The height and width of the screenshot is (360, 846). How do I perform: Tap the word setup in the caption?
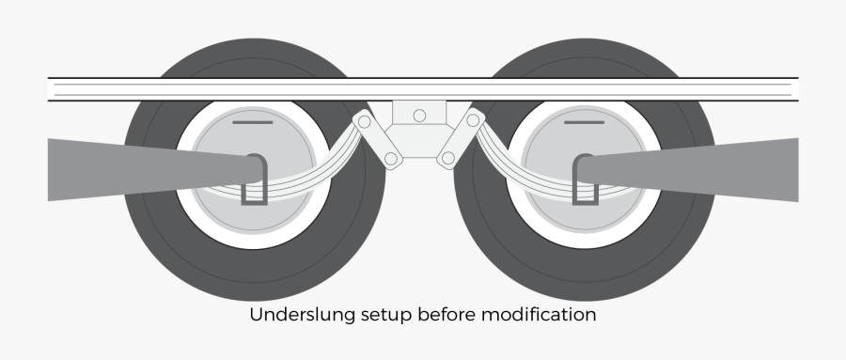tap(360, 316)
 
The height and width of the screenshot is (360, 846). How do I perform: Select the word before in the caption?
tap(423, 315)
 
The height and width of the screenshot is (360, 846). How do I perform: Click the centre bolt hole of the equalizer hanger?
tap(419, 116)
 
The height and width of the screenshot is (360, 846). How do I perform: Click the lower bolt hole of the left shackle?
tap(390, 159)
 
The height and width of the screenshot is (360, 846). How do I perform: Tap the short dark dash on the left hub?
tap(252, 122)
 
